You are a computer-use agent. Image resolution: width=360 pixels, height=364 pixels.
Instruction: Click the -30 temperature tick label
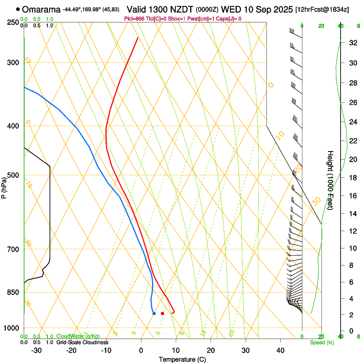click(36, 350)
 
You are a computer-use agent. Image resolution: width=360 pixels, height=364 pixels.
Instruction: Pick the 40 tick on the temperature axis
click(280, 350)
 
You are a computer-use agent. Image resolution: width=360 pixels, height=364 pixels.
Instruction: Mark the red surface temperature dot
click(162, 313)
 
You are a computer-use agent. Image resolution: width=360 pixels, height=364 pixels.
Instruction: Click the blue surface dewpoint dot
click(154, 313)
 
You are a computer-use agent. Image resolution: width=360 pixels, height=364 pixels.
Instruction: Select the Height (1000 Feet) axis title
click(330, 180)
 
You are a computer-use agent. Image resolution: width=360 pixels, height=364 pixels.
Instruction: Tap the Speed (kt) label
click(321, 342)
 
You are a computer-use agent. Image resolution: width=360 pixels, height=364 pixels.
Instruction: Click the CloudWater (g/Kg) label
click(78, 336)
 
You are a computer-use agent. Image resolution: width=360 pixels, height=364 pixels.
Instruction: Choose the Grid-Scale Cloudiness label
click(82, 342)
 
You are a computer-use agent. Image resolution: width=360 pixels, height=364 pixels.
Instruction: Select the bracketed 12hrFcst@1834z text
click(322, 9)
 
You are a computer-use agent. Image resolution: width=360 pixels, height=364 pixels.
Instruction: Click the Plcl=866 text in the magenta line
click(134, 19)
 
